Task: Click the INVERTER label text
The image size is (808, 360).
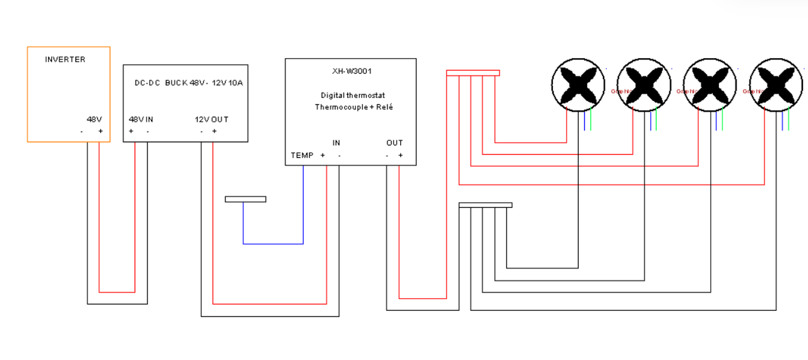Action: point(65,59)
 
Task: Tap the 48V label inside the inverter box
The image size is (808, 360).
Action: point(95,119)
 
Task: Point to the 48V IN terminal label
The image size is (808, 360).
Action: point(141,119)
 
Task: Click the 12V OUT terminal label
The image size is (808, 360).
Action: point(211,119)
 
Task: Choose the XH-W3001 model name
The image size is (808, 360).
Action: point(352,71)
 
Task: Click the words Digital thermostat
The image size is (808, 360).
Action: point(353,95)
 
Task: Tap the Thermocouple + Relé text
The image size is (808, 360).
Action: point(353,107)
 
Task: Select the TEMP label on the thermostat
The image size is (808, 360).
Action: point(302,155)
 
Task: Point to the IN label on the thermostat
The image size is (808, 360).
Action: point(336,143)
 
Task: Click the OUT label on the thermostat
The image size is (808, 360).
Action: point(395,143)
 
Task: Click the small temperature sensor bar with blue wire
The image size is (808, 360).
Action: point(246,200)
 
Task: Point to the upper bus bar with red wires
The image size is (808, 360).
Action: point(473,73)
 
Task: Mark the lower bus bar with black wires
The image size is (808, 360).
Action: point(485,205)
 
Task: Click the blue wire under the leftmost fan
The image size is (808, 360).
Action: point(585,121)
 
